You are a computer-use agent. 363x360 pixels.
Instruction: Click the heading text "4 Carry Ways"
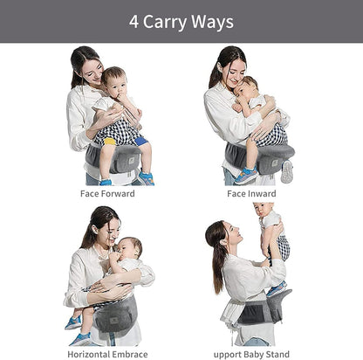click(x=181, y=20)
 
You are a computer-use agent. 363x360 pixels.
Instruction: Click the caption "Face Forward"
click(x=107, y=193)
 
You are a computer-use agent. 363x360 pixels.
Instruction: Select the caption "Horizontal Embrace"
click(x=107, y=354)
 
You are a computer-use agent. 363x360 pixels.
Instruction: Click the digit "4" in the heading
click(x=134, y=20)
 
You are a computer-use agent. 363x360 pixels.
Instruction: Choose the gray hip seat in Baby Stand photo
click(x=257, y=310)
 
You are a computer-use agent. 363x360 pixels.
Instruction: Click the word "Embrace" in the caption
click(x=130, y=354)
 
